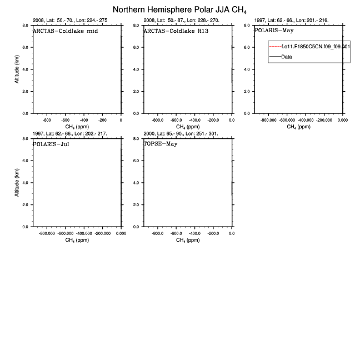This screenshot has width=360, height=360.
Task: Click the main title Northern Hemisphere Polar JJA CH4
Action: click(x=179, y=9)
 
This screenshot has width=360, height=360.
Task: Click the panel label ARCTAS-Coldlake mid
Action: click(x=66, y=31)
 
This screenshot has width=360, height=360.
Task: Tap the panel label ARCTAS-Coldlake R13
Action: click(x=176, y=31)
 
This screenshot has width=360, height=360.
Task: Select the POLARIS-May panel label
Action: click(x=274, y=31)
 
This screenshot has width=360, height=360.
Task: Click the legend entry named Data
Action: click(x=287, y=57)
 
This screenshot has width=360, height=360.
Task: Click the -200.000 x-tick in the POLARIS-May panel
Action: click(x=324, y=119)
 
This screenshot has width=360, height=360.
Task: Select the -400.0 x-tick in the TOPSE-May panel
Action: click(x=195, y=233)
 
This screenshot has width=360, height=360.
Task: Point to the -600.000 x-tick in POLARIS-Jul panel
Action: click(x=66, y=233)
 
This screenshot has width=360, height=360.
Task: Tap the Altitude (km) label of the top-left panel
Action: click(x=17, y=69)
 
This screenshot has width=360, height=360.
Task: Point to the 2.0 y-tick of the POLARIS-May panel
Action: click(x=247, y=91)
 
